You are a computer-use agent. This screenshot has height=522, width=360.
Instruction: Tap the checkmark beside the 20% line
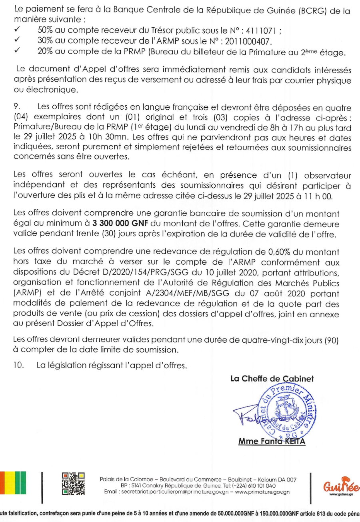coord(17,51)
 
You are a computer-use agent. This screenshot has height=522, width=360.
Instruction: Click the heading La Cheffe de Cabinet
coord(272,379)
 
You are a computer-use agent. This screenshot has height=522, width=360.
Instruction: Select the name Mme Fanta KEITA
coord(272,442)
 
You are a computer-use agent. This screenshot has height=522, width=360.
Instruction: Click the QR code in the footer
coord(73,484)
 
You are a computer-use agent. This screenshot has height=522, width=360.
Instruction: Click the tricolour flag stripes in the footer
coord(13,483)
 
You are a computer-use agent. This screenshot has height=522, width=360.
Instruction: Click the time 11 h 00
coord(316,196)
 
